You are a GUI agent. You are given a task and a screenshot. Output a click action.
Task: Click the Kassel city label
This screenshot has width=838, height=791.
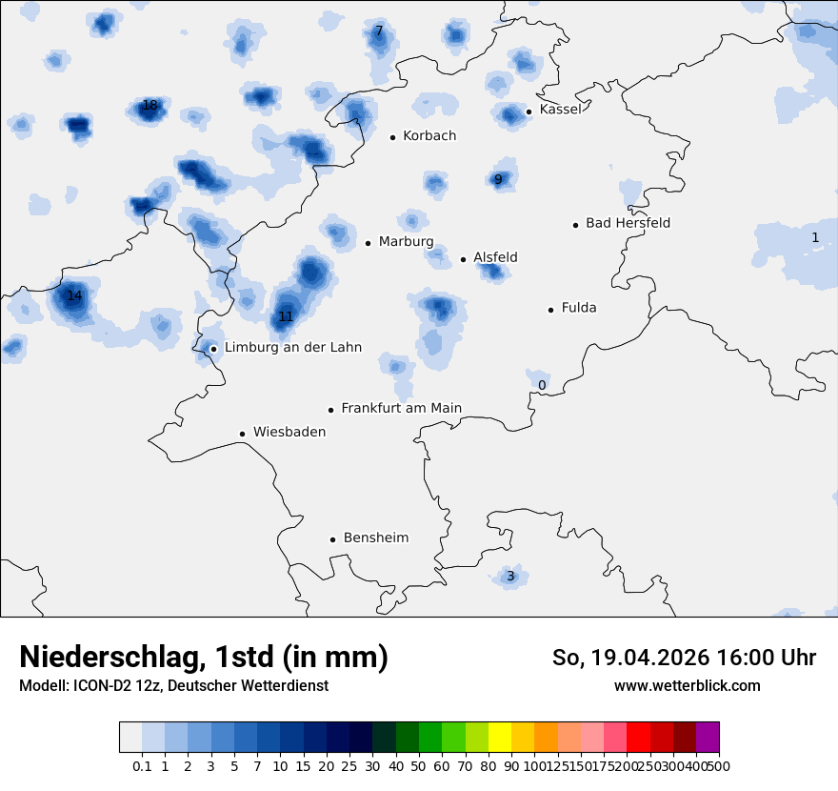(560, 110)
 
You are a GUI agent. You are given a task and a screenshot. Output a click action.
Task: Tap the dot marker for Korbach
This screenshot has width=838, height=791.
(392, 137)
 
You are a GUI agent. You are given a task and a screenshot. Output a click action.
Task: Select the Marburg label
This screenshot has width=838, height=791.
(406, 242)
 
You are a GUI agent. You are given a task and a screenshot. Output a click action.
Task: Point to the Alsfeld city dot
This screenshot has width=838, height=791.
(464, 259)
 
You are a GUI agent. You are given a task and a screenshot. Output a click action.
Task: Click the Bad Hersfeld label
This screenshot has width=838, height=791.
(628, 224)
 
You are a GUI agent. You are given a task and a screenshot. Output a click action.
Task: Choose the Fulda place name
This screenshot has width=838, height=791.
(579, 308)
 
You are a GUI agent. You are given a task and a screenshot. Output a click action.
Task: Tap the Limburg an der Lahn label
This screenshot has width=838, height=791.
(292, 348)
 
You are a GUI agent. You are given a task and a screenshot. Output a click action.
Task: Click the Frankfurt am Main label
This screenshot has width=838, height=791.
(401, 409)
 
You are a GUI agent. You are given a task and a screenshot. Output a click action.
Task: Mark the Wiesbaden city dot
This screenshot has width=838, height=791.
(243, 434)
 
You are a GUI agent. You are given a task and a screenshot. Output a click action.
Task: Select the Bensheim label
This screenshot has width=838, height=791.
(376, 538)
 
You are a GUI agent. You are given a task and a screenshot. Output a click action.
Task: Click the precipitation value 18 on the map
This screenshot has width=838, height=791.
(150, 105)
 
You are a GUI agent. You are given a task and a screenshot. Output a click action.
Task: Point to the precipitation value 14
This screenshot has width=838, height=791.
(74, 296)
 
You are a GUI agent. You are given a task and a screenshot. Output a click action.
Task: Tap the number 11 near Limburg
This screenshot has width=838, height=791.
(286, 316)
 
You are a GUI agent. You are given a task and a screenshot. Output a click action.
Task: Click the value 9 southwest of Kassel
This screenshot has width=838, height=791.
(498, 179)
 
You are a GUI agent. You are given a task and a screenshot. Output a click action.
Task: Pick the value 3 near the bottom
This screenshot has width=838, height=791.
(510, 577)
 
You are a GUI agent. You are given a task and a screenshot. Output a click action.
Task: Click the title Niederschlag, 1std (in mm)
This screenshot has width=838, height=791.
(204, 658)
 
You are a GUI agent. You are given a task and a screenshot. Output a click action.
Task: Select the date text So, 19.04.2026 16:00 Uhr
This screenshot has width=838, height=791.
(684, 658)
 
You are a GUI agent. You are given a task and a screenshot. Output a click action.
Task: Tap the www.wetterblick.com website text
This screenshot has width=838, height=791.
(687, 686)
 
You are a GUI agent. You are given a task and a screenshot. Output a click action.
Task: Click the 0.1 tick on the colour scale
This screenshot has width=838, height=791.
(142, 766)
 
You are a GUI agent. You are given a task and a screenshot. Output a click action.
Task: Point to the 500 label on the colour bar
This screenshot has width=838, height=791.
(719, 766)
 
